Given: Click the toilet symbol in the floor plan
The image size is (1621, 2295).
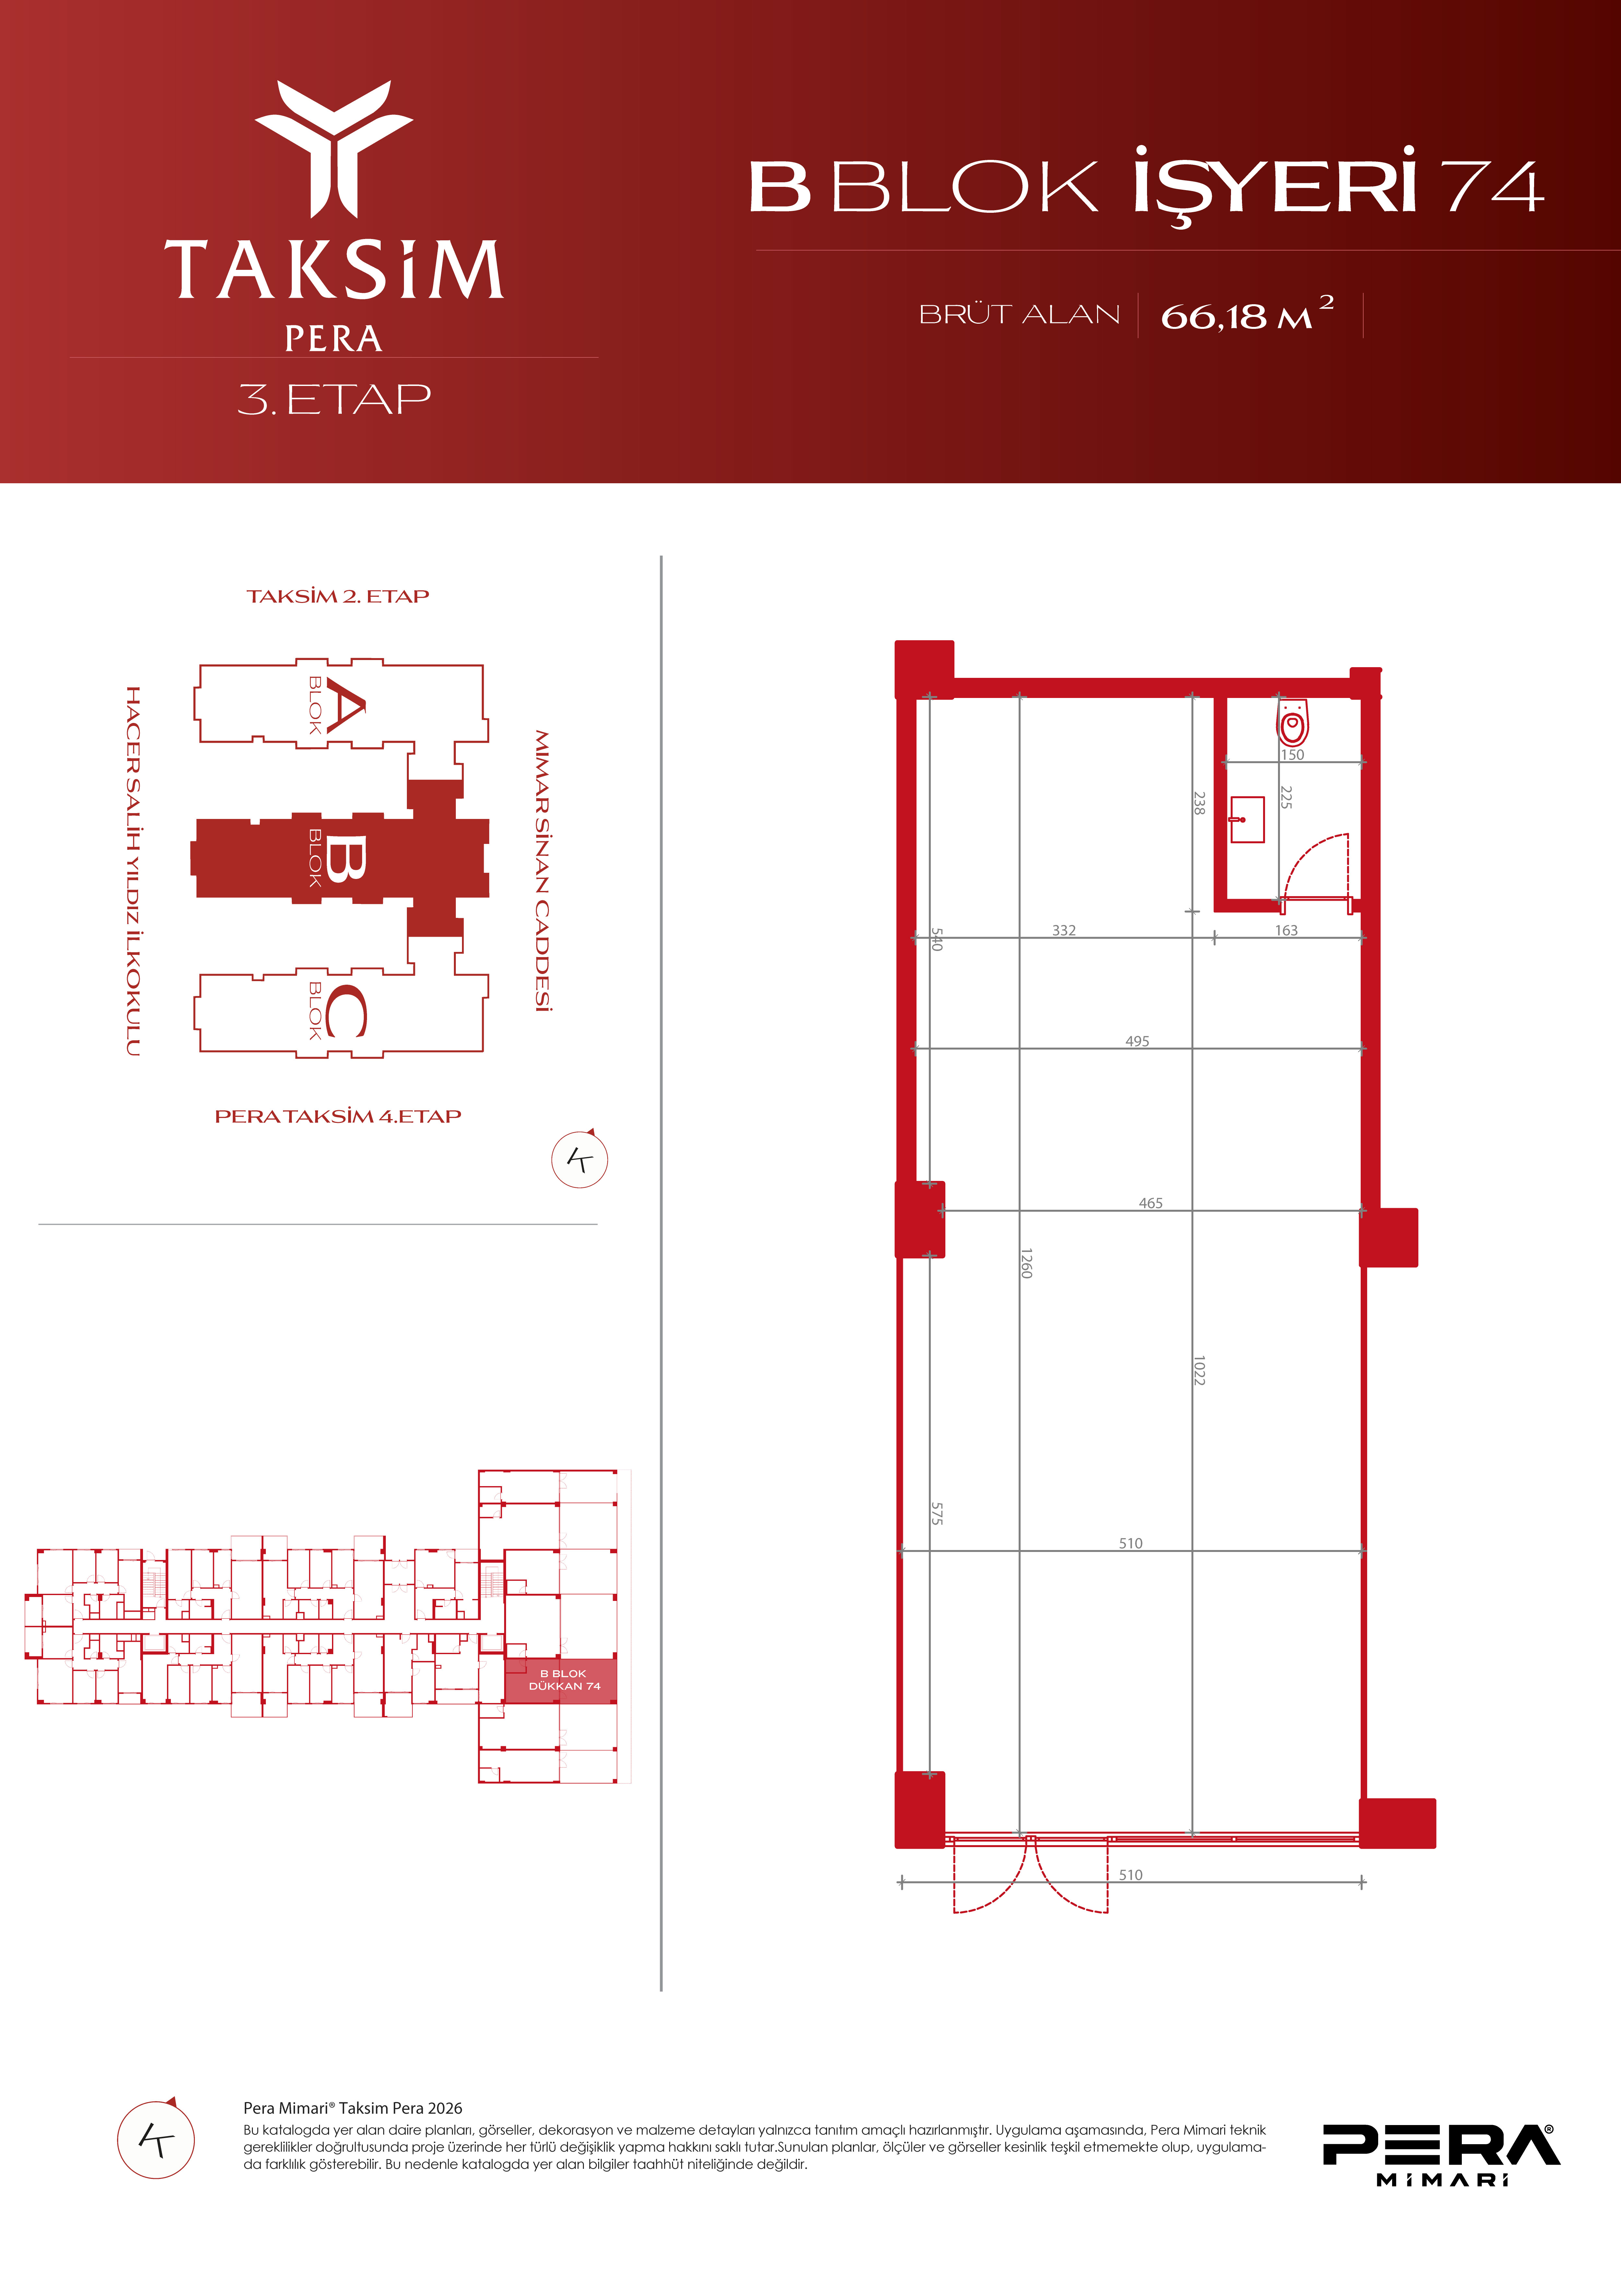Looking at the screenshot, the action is click(1292, 722).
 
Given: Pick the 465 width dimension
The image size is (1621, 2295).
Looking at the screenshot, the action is click(1150, 1204).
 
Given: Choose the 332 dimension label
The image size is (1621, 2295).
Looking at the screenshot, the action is click(1063, 931).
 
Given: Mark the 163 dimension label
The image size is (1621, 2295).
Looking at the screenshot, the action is click(1286, 931).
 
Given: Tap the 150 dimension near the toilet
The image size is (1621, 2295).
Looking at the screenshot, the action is click(1292, 755).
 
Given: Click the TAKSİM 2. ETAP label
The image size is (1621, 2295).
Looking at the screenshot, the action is click(338, 597).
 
